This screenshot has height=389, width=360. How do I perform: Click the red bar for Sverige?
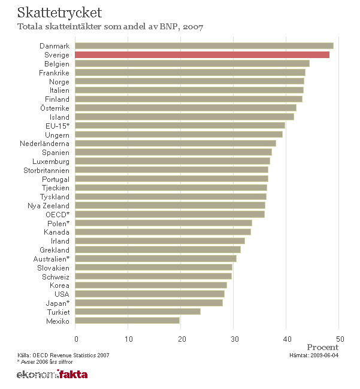(x=202, y=55)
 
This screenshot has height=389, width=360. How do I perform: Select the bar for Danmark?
(x=204, y=46)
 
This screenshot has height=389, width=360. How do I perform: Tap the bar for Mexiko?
(x=128, y=321)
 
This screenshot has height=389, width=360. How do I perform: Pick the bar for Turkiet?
(x=138, y=312)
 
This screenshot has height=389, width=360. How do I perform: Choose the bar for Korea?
(x=151, y=285)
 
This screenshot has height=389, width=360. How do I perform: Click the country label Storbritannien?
(x=47, y=170)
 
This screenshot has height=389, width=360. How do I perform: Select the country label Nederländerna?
(x=44, y=144)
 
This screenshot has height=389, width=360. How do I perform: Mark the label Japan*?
(x=58, y=303)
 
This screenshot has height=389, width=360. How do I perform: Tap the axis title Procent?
(x=322, y=347)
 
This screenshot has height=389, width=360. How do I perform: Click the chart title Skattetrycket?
(x=59, y=13)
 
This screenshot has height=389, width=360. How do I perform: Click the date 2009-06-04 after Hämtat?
(x=323, y=355)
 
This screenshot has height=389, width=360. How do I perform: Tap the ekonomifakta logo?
(x=52, y=375)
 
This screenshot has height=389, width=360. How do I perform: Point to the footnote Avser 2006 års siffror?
(x=46, y=361)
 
